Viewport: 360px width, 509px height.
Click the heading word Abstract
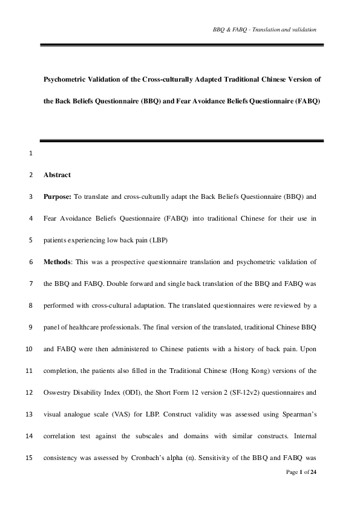(x=57, y=175)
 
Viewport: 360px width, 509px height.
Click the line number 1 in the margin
(x=30, y=153)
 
